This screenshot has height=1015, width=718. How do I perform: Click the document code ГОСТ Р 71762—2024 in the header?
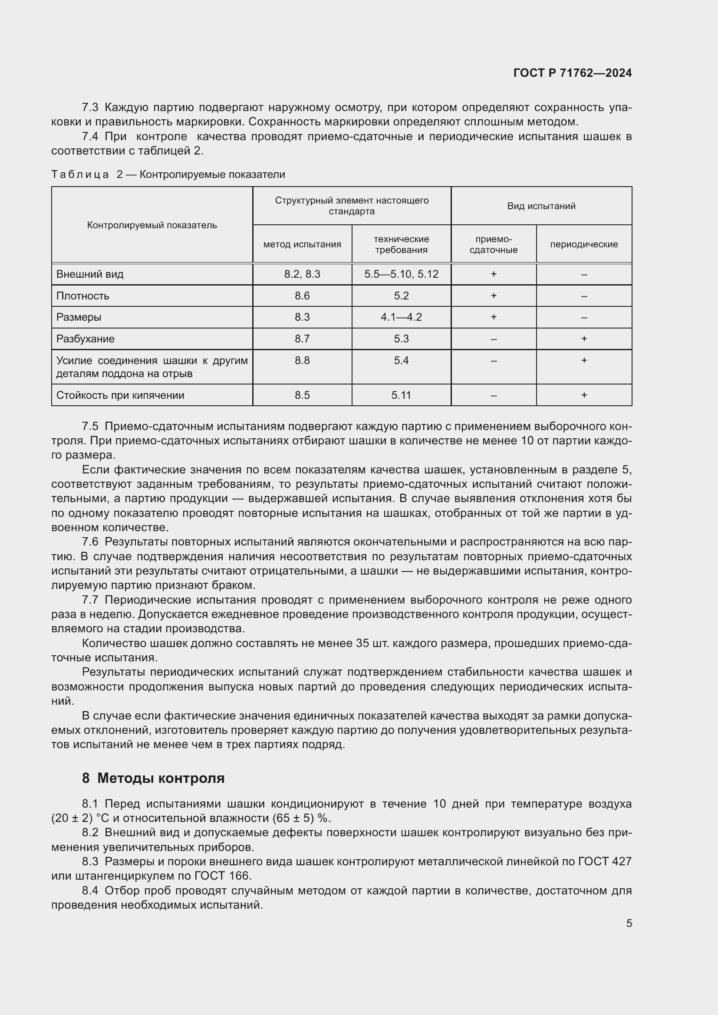(573, 73)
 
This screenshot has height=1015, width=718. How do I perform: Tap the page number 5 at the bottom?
(629, 923)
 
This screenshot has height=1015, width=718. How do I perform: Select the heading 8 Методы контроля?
(153, 778)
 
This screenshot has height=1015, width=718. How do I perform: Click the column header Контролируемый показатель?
(152, 225)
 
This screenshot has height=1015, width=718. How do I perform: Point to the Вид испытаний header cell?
(541, 206)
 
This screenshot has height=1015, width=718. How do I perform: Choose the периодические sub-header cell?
(583, 244)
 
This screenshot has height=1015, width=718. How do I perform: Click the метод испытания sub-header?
(302, 244)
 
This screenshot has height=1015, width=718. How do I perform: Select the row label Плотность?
(82, 296)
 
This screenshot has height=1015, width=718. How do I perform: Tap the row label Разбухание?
(86, 338)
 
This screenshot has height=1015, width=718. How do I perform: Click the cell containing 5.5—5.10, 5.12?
(401, 274)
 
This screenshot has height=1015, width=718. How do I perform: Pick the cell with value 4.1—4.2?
(401, 317)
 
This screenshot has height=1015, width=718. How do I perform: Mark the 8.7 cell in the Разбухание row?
(302, 338)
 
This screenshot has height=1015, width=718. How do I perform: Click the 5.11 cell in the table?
(401, 395)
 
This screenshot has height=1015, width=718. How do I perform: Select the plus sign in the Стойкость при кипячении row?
(583, 395)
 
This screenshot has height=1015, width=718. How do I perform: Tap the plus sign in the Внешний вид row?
(494, 274)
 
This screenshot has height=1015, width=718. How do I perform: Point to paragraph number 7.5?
(90, 426)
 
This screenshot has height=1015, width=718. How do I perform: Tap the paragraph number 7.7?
(90, 600)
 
